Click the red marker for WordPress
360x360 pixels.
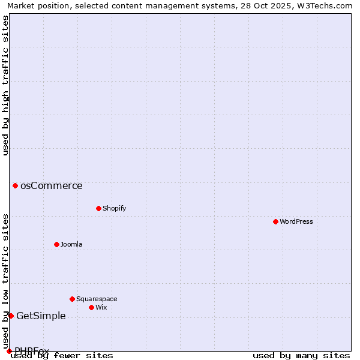[275, 221]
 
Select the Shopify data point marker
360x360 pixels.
[98, 208]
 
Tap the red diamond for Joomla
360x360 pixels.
[56, 244]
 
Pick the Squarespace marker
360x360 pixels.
[72, 299]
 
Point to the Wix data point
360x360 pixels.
[91, 307]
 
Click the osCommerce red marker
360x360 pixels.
[15, 185]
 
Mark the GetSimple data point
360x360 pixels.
[11, 316]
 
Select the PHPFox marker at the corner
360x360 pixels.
[9, 351]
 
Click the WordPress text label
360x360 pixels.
[296, 221]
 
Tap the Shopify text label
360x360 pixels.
[114, 208]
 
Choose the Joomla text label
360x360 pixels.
[71, 244]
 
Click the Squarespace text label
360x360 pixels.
[97, 299]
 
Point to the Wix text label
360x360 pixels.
[101, 307]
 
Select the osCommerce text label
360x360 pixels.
[52, 185]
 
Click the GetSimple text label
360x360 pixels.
[41, 316]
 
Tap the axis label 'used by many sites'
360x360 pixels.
[301, 355]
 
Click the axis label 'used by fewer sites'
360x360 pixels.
[62, 355]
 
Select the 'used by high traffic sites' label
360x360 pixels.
[5, 85]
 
